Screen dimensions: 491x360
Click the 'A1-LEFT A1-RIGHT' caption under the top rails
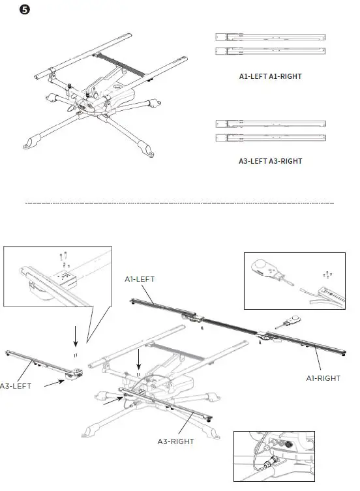[x=270, y=76]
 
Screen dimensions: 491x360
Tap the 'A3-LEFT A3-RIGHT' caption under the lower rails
[x=270, y=160]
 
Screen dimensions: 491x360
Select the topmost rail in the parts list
[x=270, y=37]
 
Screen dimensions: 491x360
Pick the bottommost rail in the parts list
[x=270, y=138]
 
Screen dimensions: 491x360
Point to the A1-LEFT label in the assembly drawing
[x=140, y=278]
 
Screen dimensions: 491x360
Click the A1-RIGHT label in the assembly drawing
[x=325, y=378]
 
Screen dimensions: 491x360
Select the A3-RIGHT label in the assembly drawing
[x=175, y=441]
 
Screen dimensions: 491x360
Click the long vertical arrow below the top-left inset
[x=76, y=336]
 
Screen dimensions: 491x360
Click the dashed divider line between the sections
[x=179, y=203]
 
